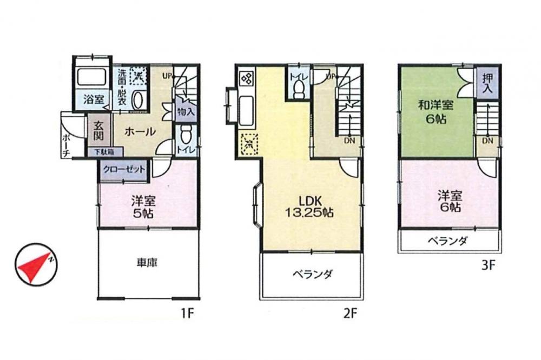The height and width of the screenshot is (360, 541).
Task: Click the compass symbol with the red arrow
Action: click(36, 265)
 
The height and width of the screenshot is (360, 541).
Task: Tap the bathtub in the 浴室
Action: click(91, 77)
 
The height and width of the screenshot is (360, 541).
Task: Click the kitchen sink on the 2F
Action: click(246, 110)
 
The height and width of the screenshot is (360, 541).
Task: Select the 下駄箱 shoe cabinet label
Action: click(104, 151)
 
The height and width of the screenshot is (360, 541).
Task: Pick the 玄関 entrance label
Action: click(98, 130)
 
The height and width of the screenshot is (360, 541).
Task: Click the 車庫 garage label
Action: click(147, 263)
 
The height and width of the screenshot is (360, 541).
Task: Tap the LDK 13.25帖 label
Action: click(309, 206)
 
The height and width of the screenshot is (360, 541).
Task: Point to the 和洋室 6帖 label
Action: click(436, 112)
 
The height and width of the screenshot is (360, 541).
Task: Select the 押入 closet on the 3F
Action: click(487, 83)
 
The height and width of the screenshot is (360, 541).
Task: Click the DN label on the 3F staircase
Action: click(487, 141)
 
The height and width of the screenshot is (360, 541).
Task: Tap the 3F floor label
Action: click(488, 265)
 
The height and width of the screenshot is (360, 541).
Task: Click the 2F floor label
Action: click(350, 314)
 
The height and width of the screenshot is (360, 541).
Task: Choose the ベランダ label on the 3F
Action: click(448, 241)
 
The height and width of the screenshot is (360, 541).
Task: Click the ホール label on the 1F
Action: click(140, 131)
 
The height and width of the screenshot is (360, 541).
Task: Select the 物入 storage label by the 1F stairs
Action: click(186, 112)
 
